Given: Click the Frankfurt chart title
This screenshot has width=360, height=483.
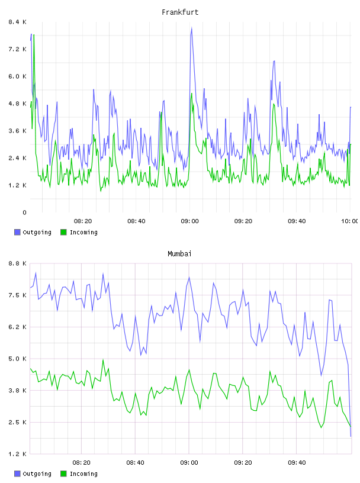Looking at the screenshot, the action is point(180,12).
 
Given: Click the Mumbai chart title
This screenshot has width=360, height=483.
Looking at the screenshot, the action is point(179,254).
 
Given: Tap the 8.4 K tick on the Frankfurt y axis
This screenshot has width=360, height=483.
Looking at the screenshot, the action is point(17,22).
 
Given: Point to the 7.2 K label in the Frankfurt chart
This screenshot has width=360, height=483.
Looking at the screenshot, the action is point(17,49).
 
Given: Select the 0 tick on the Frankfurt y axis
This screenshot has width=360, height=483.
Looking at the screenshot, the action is point(24,212).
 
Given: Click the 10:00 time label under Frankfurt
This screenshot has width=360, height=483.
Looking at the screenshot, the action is point(349,221).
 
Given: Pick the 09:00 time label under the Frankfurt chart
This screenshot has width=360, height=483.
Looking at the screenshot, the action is point(190,221).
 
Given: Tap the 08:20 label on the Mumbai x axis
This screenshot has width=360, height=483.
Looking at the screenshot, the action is point(81,463).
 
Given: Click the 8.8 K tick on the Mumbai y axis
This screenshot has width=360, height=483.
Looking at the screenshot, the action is point(17,263).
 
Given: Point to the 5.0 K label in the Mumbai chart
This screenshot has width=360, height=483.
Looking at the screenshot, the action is point(17,359).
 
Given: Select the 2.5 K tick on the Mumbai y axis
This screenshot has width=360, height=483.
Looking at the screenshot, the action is point(17,422).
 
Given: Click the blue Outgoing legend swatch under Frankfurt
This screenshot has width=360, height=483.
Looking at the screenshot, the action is point(17,232).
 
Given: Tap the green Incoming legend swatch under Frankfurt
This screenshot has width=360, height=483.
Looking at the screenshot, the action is point(63,232).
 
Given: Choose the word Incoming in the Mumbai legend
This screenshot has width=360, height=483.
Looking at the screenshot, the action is point(83,474).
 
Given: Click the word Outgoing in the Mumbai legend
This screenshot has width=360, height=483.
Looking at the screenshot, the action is point(37,474).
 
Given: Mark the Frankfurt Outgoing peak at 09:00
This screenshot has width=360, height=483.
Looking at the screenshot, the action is point(192,28).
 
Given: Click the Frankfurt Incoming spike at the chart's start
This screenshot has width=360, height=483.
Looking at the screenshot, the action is point(34,35).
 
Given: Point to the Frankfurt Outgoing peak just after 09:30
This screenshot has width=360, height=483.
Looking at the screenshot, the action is point(274,62).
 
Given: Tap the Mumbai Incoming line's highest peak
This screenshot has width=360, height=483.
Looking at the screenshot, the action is point(103,359).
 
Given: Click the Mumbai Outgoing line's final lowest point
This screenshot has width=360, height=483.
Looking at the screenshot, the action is point(351,436).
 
